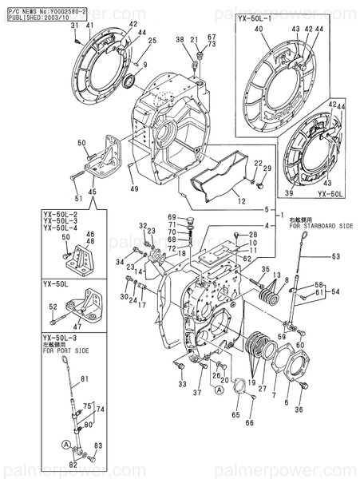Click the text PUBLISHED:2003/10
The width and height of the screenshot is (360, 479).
33,15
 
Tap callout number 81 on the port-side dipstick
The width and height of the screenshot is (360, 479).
85,378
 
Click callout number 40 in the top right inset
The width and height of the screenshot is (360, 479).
258,30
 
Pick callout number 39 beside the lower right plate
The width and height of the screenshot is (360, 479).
290,193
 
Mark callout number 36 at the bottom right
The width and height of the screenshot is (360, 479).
299,410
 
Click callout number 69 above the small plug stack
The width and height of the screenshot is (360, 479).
172,218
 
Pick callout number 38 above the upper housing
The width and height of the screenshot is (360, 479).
181,39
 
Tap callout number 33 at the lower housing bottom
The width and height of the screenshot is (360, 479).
183,385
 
